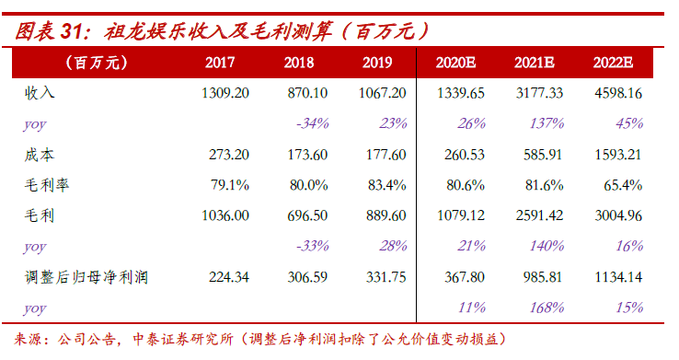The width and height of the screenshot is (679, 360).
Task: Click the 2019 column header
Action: [x=377, y=63]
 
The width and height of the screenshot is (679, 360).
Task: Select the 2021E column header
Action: [x=535, y=63]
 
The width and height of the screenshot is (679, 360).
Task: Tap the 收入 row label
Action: [x=40, y=93]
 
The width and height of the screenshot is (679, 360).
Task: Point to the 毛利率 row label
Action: [x=47, y=185]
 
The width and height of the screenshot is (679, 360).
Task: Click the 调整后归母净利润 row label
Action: [x=86, y=277]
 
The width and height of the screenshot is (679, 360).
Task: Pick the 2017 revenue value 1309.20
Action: [x=225, y=93]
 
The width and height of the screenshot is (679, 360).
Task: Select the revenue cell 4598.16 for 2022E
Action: [x=618, y=93]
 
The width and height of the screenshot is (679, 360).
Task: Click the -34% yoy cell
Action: [x=312, y=124]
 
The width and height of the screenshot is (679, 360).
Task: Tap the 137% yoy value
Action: [x=547, y=124]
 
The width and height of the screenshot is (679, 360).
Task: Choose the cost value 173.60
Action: [x=307, y=155]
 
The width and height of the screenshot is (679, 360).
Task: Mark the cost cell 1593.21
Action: [x=618, y=155]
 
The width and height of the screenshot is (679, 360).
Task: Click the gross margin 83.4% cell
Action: [x=386, y=185]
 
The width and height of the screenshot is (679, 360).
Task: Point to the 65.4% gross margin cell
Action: [x=623, y=185]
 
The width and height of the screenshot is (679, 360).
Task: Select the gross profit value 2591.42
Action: [x=539, y=215]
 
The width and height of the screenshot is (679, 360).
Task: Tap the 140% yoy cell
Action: [x=547, y=246]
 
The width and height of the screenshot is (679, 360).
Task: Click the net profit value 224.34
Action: [x=229, y=277]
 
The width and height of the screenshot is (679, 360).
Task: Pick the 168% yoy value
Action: [x=547, y=308]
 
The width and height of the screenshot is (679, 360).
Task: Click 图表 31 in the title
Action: [x=48, y=31]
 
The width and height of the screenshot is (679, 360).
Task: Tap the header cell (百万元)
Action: [x=97, y=63]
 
